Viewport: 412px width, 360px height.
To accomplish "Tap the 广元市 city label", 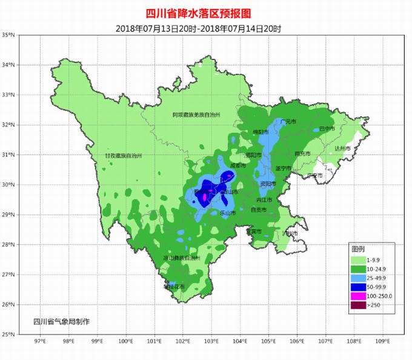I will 289,122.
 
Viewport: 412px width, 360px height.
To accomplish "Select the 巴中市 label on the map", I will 327,129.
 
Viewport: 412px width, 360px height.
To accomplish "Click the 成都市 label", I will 238,165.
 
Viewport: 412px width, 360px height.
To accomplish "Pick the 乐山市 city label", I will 227,213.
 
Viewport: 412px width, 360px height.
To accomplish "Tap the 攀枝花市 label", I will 174,287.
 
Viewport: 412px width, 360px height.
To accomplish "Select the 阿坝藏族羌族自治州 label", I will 196,115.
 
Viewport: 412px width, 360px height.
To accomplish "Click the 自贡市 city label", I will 258,210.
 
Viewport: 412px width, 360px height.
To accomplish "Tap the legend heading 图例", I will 358,249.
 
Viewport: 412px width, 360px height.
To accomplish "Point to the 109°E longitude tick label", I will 382,342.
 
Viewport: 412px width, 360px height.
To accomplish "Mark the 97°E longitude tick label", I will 41,342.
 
